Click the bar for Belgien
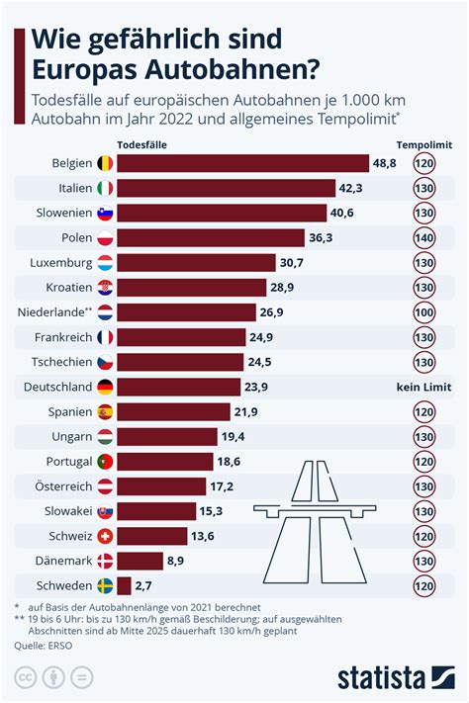click(242, 163)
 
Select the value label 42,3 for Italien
click(377, 188)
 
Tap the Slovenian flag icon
click(104, 213)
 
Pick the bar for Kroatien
click(192, 288)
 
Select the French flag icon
click(104, 337)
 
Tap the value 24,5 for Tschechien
click(260, 362)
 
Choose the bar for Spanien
click(177, 411)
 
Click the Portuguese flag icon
click(104, 462)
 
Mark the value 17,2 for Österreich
click(221, 486)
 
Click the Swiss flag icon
click(104, 536)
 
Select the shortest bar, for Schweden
click(124, 585)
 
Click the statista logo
click(396, 678)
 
